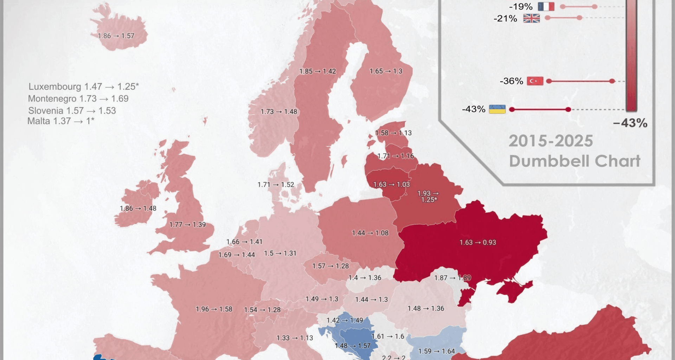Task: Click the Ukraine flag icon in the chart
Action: [497, 109]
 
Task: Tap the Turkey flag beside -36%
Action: [535, 81]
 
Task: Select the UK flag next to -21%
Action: [531, 18]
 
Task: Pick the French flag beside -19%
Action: [546, 7]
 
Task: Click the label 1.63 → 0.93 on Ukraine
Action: [477, 243]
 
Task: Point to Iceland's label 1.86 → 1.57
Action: [116, 36]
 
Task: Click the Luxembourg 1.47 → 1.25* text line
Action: [84, 86]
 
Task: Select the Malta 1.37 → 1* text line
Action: [61, 121]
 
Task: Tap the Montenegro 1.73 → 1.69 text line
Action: [78, 99]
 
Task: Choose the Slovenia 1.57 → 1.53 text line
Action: [72, 111]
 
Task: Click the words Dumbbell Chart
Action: [574, 161]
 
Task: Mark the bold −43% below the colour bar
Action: [630, 123]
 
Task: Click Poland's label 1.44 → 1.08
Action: [370, 233]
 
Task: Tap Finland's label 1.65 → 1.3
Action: [386, 71]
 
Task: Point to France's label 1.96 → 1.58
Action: [214, 309]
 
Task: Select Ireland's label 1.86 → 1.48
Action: [138, 208]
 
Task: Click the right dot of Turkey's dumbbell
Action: [612, 81]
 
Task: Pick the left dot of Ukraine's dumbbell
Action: [512, 109]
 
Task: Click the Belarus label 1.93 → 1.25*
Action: [427, 197]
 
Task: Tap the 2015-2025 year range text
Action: [551, 141]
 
